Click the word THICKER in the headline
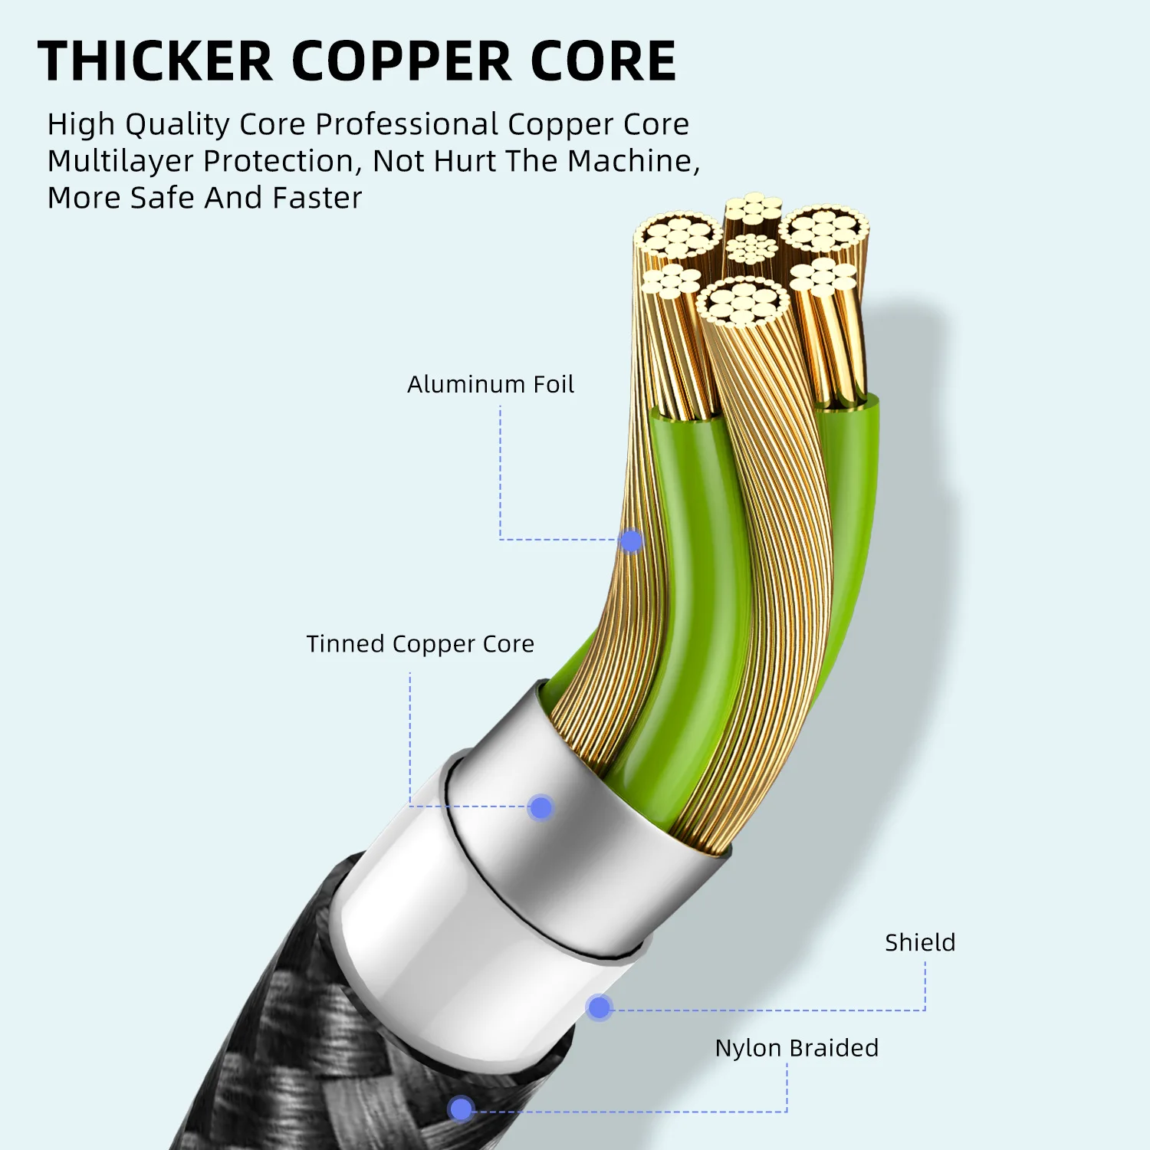[x=155, y=61]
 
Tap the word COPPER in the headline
[x=402, y=61]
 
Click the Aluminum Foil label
[x=491, y=384]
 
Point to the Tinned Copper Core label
[x=420, y=644]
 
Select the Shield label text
[x=920, y=942]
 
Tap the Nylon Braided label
[x=797, y=1048]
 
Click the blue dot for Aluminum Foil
[x=631, y=541]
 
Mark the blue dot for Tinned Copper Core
[x=540, y=807]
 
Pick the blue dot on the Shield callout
[x=599, y=1007]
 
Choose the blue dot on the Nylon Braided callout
[x=461, y=1109]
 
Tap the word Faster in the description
[x=317, y=198]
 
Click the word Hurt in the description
[x=466, y=161]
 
